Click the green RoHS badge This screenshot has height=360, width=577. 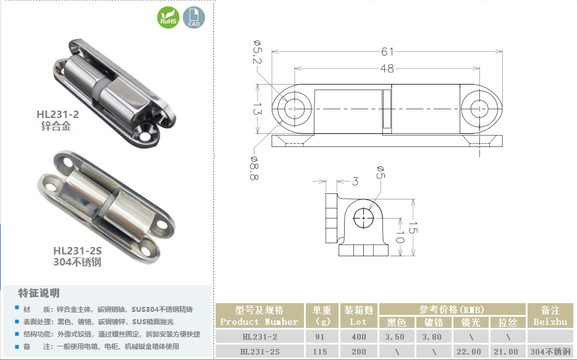coord(168,17)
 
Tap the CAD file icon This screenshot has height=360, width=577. coord(194,17)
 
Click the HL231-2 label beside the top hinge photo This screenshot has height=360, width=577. coord(58,114)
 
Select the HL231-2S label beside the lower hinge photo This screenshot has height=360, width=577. coord(77,251)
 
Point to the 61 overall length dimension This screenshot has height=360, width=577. coord(387,51)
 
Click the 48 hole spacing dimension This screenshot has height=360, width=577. coord(387,69)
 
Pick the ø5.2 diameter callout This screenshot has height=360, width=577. coord(257,51)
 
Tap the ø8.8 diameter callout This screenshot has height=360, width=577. coord(255,168)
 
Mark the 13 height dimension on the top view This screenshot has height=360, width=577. coord(257,109)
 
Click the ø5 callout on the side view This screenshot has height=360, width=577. coord(381,172)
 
